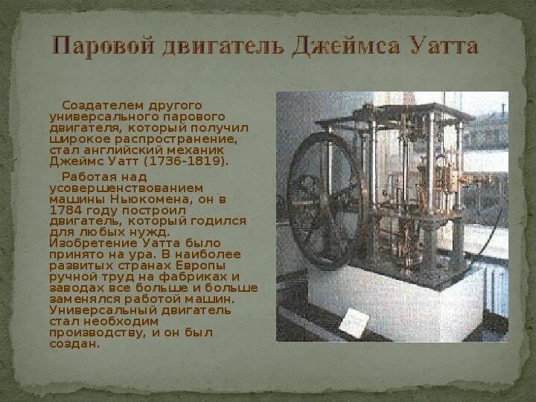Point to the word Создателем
pyautogui.click(x=96, y=106)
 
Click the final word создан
pyautogui.click(x=74, y=345)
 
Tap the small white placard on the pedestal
pyautogui.click(x=354, y=322)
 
